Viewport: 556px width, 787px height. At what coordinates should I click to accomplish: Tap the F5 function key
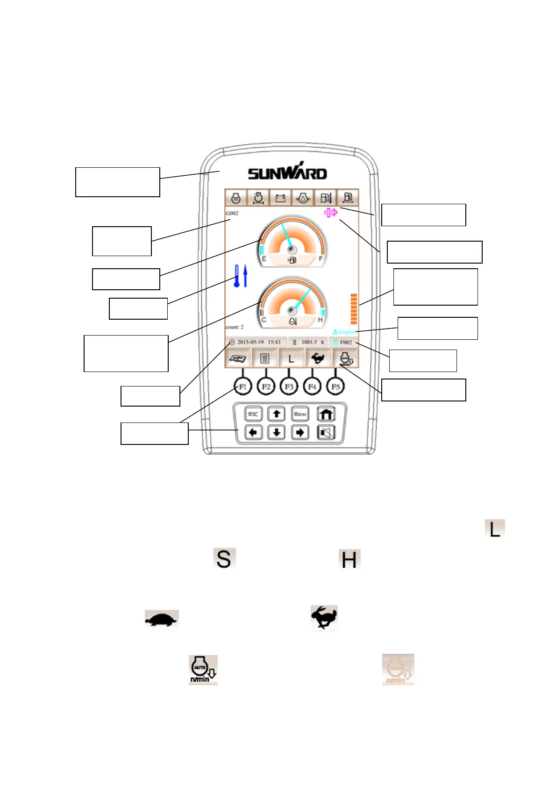click(x=335, y=386)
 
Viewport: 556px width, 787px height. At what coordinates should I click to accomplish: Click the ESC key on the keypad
click(x=253, y=414)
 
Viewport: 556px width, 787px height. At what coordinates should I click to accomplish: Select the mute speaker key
click(x=326, y=433)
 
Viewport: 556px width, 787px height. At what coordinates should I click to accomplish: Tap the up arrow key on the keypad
click(x=277, y=414)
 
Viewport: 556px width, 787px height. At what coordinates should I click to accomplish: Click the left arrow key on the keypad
click(x=253, y=433)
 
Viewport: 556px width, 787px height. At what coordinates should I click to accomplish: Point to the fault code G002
click(x=232, y=213)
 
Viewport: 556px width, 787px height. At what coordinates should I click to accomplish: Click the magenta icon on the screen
click(x=331, y=213)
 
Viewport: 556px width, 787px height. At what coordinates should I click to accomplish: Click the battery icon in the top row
click(x=280, y=198)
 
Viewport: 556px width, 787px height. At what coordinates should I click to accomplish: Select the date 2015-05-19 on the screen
click(x=250, y=342)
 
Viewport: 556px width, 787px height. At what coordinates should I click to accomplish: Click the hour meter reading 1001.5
click(x=309, y=342)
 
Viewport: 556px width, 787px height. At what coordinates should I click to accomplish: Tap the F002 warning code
click(x=346, y=342)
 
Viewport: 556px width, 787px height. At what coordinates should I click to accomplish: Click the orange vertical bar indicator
click(x=354, y=309)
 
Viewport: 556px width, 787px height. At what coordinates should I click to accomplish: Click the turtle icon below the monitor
click(x=162, y=620)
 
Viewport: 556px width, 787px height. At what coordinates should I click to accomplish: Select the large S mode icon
click(x=224, y=558)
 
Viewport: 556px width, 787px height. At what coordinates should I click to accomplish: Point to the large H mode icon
click(x=349, y=559)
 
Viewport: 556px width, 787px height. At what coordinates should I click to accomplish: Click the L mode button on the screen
click(x=291, y=359)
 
